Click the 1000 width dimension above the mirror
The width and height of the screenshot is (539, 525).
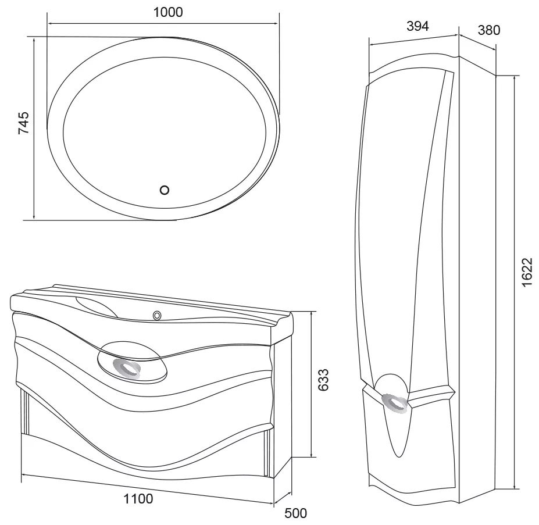coord(168,12)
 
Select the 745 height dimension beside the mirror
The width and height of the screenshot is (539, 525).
coord(24,123)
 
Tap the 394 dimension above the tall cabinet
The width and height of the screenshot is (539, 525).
coord(417,26)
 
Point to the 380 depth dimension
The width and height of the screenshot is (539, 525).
coord(489,30)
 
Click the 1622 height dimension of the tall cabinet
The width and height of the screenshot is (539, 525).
coord(527,272)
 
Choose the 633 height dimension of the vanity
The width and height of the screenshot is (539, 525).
coord(323,380)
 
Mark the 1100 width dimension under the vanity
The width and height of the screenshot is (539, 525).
coord(138,498)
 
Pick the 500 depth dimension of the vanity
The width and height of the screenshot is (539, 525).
coord(295,513)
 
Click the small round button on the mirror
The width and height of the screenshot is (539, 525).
coord(165,190)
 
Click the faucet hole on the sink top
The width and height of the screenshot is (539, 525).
coord(158,315)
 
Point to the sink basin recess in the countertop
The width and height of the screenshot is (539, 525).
coord(97,306)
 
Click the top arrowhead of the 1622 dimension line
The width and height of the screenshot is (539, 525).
coord(514,80)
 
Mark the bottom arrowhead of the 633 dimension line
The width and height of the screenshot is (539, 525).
coord(312,453)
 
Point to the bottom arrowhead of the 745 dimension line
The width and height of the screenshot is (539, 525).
coord(34,216)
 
